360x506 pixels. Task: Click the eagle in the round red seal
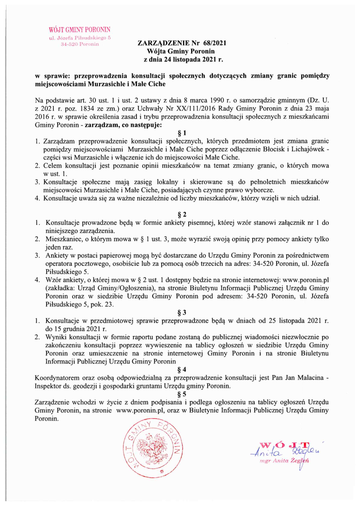tap(152, 448)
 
